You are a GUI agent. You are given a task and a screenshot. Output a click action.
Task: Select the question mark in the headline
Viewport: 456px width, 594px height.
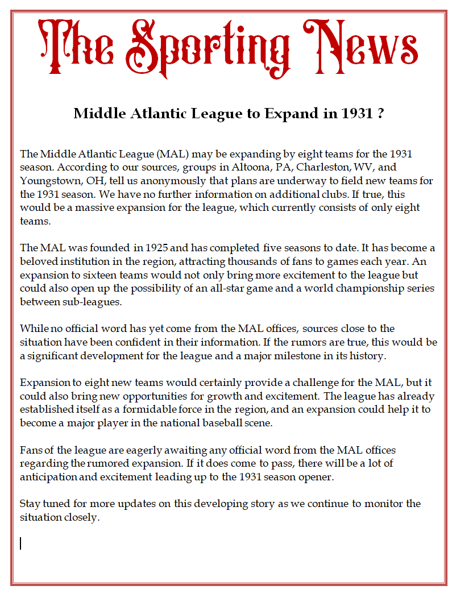click(x=379, y=114)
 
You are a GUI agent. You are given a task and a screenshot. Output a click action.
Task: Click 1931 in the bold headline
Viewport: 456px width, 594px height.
click(x=355, y=114)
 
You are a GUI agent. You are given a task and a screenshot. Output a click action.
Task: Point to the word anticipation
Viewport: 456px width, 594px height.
click(x=48, y=477)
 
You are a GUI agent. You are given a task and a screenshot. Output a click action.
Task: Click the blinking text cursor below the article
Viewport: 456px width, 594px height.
click(x=21, y=544)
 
